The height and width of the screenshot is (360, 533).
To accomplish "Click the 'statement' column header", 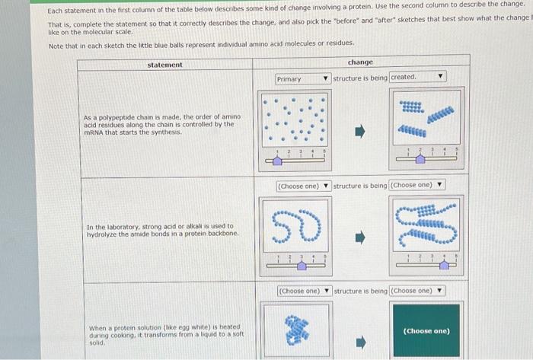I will coord(164,65).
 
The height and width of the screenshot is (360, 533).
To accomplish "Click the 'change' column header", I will coord(359,62).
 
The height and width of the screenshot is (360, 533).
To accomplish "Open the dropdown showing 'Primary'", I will coord(302,78).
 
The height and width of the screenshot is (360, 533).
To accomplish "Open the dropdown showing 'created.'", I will coord(417,77).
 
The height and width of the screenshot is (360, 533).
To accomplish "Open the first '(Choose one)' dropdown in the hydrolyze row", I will coord(303,186).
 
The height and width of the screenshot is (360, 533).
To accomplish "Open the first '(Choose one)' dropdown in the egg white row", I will coord(303,291).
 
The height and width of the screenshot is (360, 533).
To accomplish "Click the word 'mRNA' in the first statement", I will coord(94,132).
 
